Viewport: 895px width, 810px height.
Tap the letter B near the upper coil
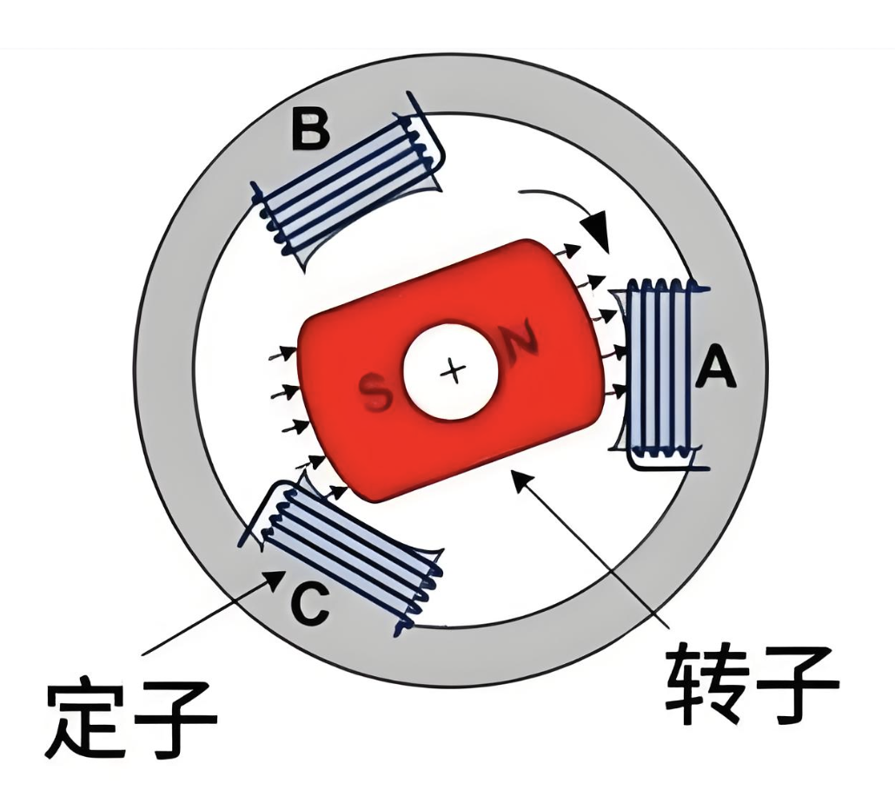[x=309, y=128]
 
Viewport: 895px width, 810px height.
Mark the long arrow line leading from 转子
[x=600, y=556]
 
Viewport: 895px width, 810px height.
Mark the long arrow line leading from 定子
[x=209, y=613]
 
